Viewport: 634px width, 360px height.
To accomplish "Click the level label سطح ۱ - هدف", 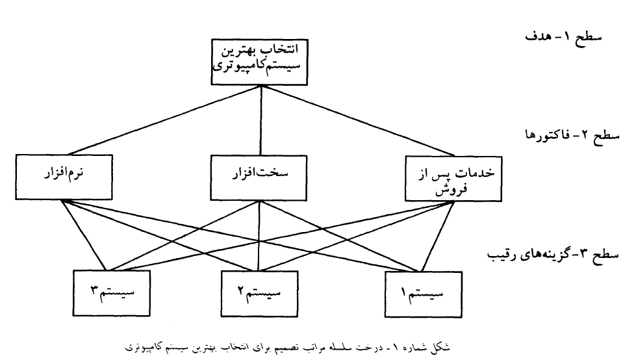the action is [x=563, y=37].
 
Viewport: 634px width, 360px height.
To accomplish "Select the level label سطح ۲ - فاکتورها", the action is [x=572, y=135].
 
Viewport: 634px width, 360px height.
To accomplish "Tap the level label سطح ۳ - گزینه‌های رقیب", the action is [x=553, y=255].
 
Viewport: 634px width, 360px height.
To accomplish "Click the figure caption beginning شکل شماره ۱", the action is [x=287, y=348].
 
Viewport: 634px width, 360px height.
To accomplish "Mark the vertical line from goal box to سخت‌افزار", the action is [x=260, y=120].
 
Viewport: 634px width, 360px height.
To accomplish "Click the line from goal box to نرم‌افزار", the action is [x=164, y=120].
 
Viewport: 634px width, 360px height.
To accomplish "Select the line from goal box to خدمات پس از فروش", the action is [x=358, y=120].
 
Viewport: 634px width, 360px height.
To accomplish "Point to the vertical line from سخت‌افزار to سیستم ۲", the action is [x=259, y=236].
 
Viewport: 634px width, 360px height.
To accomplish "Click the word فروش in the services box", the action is [x=451, y=189].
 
